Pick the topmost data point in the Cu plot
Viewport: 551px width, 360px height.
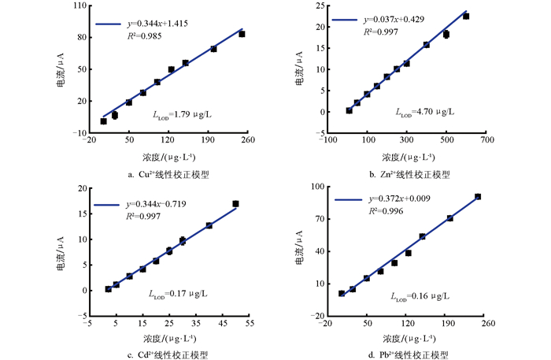pyautogui.click(x=242, y=34)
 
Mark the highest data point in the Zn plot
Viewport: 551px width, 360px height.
pyautogui.click(x=466, y=16)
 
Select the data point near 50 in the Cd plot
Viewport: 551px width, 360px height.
pyautogui.click(x=235, y=204)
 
